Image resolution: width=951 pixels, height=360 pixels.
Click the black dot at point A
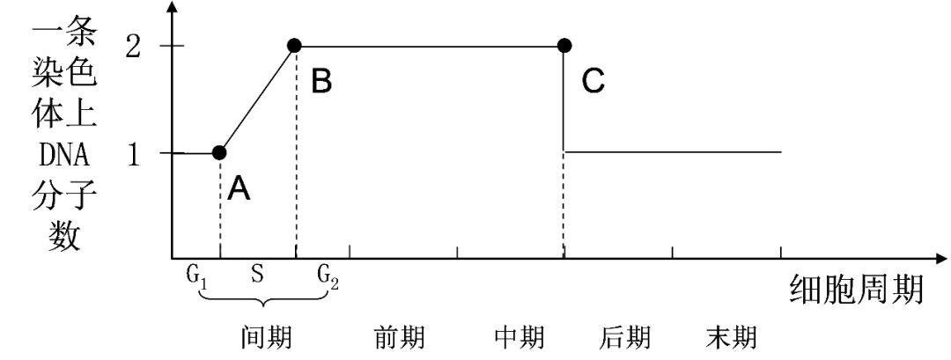219,152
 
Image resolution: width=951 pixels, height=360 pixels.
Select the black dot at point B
295,45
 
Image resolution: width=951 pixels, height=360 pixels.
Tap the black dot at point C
564,45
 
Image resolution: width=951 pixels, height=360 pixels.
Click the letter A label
239,187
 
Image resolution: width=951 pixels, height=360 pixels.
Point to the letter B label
321,81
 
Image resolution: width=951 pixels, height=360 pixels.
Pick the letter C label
593,81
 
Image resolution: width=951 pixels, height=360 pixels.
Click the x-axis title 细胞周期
856,288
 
